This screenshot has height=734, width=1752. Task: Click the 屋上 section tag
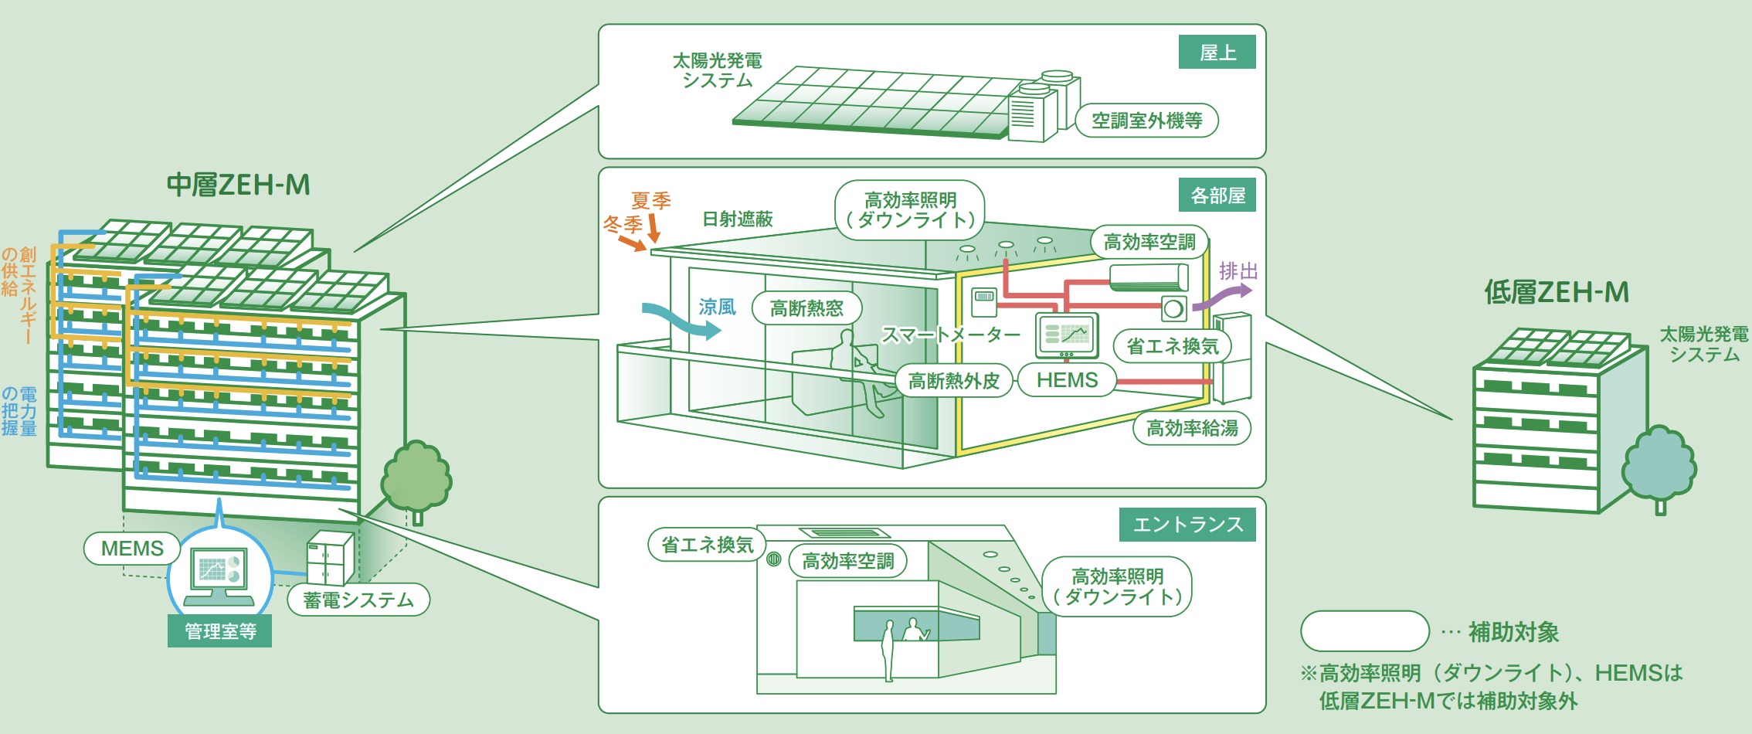pos(1217,53)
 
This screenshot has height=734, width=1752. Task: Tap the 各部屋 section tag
pos(1217,195)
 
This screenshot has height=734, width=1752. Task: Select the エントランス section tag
pos(1187,525)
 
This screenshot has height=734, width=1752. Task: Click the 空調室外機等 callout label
pos(1146,121)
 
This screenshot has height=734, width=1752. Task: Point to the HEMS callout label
pos(1067,380)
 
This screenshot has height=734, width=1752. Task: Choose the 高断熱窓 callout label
pos(806,308)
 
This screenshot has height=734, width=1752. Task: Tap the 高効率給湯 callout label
pos(1191,428)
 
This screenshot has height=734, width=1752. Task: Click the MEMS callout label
pos(132,549)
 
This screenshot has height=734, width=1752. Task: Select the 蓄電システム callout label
pos(358,600)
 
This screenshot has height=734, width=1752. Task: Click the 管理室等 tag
pos(220,631)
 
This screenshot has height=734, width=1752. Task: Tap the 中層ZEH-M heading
pos(239,185)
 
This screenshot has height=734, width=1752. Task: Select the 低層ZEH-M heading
pos(1556,292)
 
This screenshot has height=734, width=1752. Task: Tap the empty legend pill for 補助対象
pos(1364,631)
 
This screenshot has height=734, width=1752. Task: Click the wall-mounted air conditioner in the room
pos(1148,277)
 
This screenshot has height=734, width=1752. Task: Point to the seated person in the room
pos(857,371)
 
